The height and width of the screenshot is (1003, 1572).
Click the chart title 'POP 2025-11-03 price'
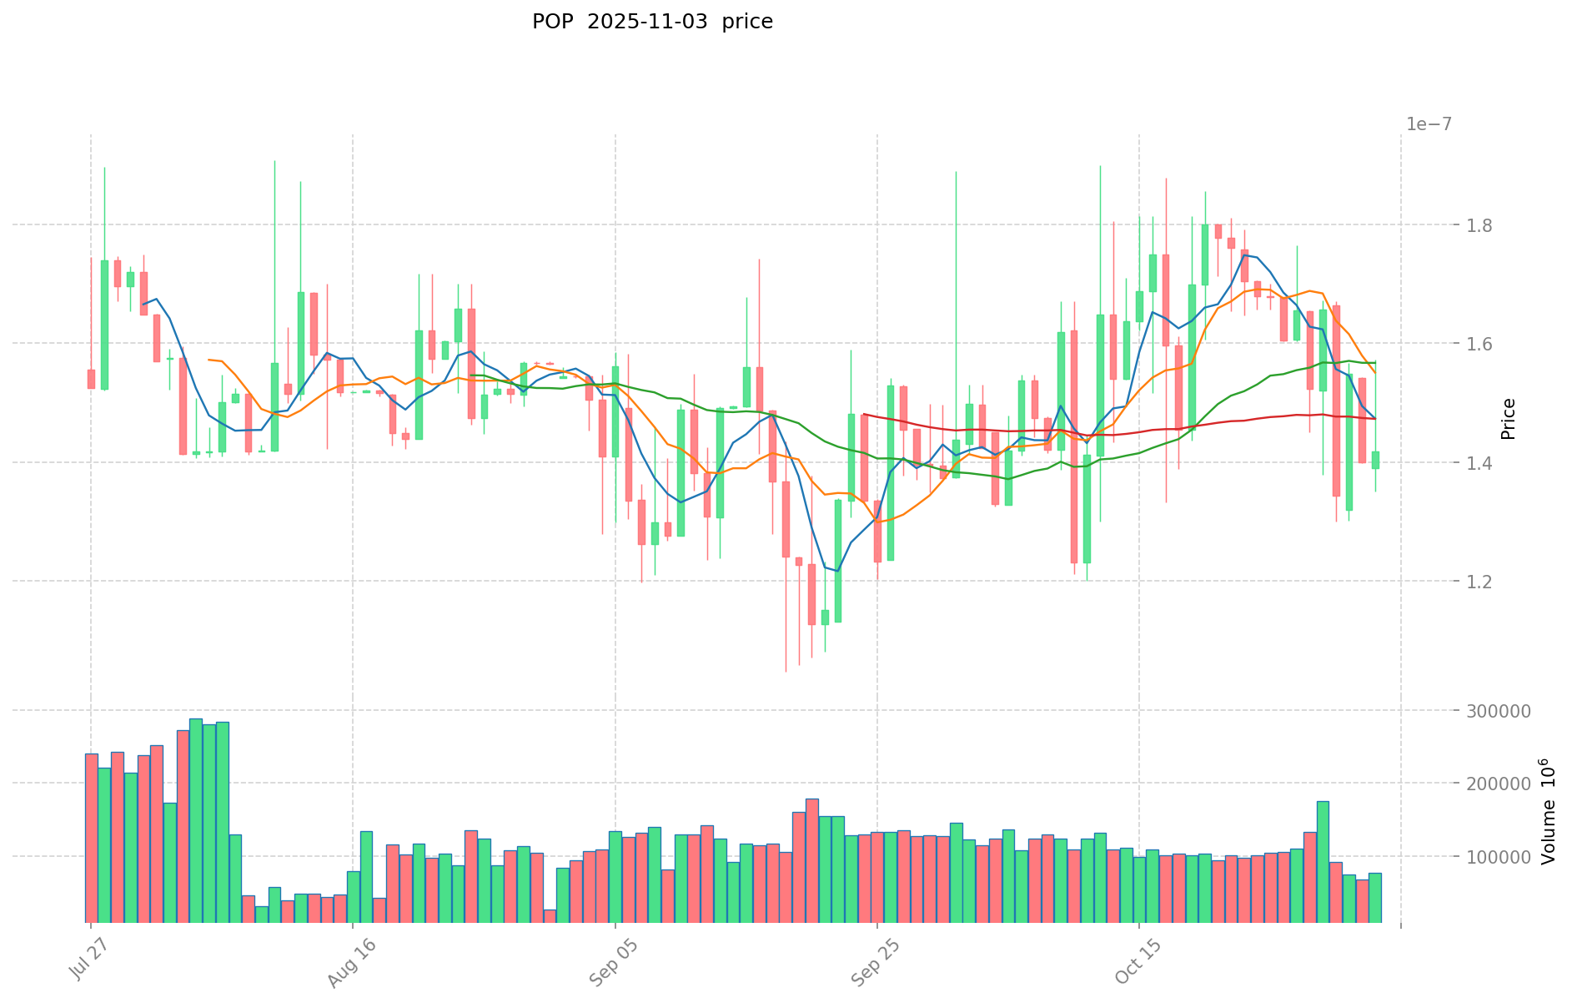click(x=652, y=22)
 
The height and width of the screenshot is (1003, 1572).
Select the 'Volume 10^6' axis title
click(x=1548, y=811)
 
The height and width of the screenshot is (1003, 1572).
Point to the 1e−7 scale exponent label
click(x=1429, y=124)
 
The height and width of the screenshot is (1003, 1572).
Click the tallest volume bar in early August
click(x=196, y=819)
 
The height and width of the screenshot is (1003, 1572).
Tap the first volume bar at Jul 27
click(x=92, y=838)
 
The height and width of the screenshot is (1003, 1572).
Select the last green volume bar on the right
click(x=1375, y=897)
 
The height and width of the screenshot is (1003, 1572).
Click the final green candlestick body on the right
click(x=1375, y=460)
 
